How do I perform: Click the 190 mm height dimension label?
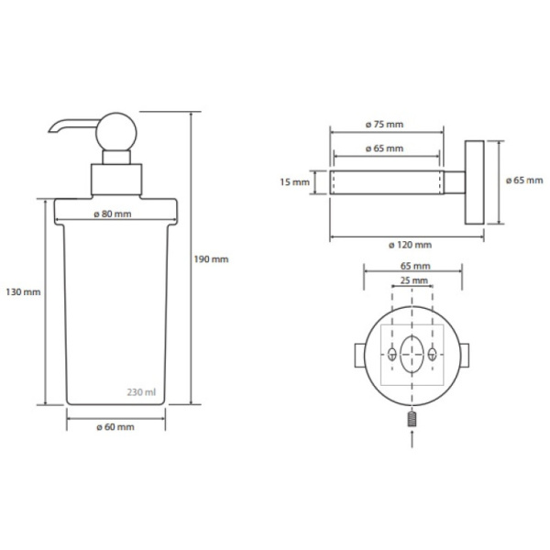[x=211, y=259]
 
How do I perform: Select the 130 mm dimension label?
[x=23, y=291]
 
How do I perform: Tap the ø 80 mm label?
[x=113, y=214]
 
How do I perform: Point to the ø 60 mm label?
[x=115, y=427]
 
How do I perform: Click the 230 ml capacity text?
[x=141, y=391]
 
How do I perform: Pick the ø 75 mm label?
[x=384, y=124]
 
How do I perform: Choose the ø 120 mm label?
[x=410, y=245]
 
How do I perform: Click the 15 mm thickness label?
[x=294, y=182]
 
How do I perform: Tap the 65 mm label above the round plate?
[x=415, y=266]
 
